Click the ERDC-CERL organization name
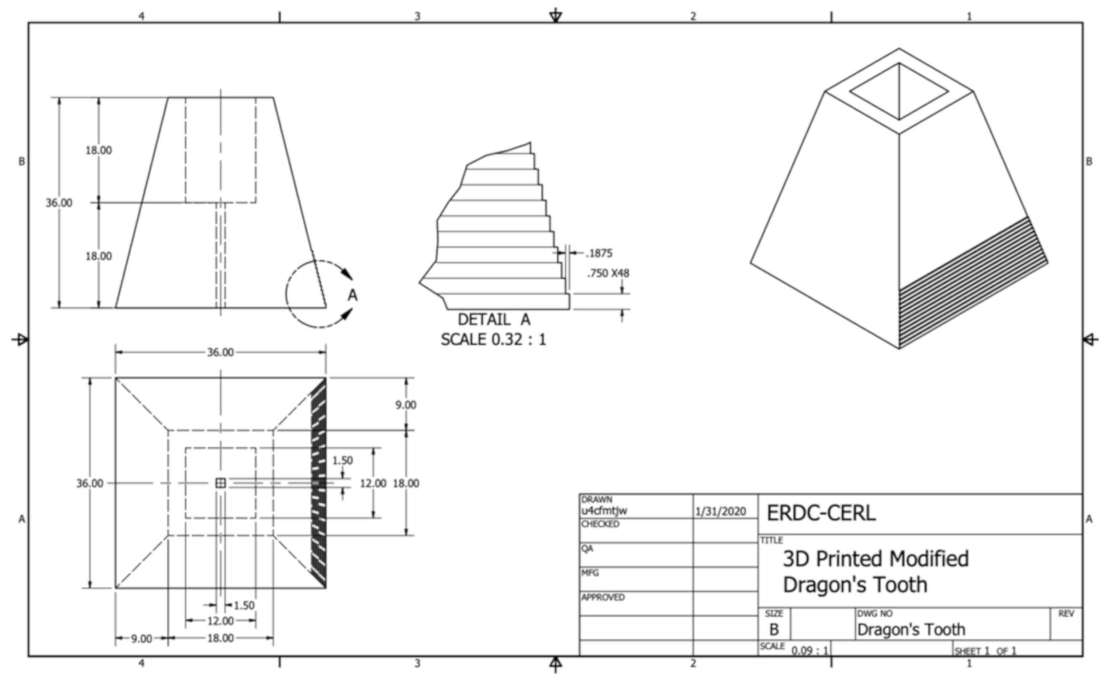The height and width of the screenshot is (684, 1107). pyautogui.click(x=821, y=513)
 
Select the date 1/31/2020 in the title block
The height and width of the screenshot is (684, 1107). pyautogui.click(x=720, y=512)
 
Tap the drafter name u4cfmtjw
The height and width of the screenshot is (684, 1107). pyautogui.click(x=604, y=511)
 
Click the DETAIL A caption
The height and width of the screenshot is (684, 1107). pyautogui.click(x=494, y=319)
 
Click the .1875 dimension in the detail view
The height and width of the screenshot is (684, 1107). pyautogui.click(x=599, y=253)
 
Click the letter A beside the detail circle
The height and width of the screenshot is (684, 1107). pyautogui.click(x=352, y=296)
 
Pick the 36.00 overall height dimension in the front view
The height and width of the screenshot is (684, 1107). pyautogui.click(x=59, y=203)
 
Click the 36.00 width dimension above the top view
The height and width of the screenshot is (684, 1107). pyautogui.click(x=220, y=352)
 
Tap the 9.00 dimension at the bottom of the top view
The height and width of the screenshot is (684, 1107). pyautogui.click(x=141, y=639)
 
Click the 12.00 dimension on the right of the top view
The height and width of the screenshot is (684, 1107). pyautogui.click(x=373, y=483)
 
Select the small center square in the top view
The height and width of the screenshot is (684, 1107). pyautogui.click(x=220, y=483)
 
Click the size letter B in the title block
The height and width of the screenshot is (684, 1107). pyautogui.click(x=773, y=629)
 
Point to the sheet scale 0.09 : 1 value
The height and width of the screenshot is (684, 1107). pyautogui.click(x=810, y=650)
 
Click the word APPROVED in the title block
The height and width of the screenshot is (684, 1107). pyautogui.click(x=603, y=597)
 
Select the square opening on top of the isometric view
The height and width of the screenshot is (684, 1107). pyautogui.click(x=898, y=91)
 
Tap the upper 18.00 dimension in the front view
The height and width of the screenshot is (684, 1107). pyautogui.click(x=99, y=150)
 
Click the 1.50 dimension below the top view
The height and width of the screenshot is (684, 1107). pyautogui.click(x=244, y=605)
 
